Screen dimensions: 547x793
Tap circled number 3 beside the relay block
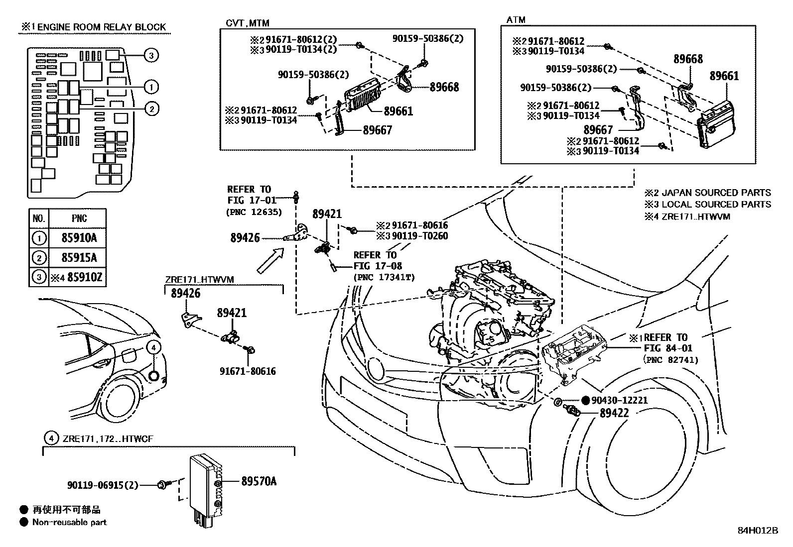tap(152, 55)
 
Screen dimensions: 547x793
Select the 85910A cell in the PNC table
tap(79, 238)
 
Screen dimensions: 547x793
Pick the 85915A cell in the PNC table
tap(79, 257)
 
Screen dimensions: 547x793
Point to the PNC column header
tap(79, 218)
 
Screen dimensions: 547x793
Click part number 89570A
tap(259, 481)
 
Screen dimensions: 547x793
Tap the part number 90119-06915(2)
tap(103, 484)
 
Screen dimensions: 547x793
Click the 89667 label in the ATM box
tap(598, 130)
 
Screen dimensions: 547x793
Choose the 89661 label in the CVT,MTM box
tap(398, 111)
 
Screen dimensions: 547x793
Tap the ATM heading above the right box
tap(516, 20)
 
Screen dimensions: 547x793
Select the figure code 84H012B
tap(757, 530)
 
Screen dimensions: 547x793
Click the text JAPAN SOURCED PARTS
tap(716, 193)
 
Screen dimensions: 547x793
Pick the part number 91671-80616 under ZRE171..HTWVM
tap(248, 371)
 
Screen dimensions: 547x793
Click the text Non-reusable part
tap(69, 522)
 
